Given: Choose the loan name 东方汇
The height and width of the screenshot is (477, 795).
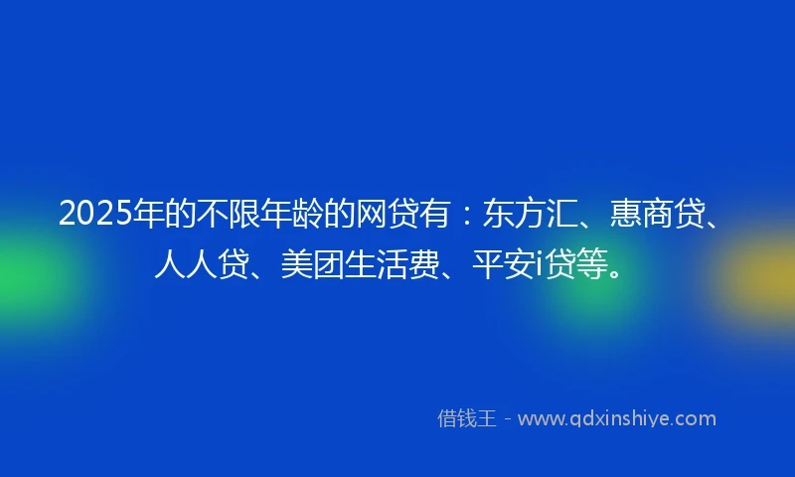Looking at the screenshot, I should pos(520,214).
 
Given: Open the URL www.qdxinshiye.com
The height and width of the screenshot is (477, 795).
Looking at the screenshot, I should pos(616,418).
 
